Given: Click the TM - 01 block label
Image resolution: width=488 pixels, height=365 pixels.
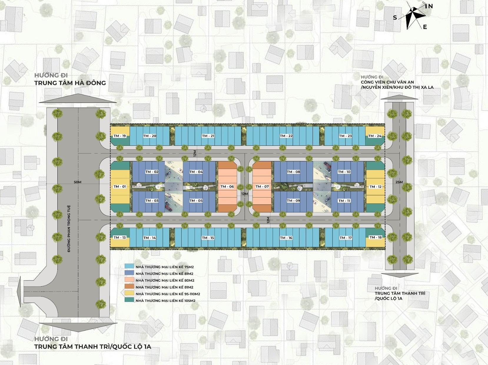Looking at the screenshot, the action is [120, 187].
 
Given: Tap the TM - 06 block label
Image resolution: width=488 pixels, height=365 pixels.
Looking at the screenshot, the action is [227, 187].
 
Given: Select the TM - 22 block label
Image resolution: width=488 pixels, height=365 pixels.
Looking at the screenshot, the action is [286, 136].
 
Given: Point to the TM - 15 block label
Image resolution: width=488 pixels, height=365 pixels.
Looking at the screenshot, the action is [208, 238].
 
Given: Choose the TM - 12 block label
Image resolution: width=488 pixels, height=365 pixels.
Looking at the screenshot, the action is [375, 187].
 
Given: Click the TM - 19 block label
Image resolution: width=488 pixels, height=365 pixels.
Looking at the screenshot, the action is [119, 136].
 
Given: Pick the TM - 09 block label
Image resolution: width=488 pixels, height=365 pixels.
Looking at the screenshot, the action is [293, 201].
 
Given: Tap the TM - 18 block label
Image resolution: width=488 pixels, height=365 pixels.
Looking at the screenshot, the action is [375, 237].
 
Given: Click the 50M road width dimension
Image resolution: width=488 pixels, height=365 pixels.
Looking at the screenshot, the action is [78, 182].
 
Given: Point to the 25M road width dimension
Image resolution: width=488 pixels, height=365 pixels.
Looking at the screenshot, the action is [399, 182].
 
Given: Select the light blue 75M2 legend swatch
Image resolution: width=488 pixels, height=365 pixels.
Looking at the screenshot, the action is [130, 266].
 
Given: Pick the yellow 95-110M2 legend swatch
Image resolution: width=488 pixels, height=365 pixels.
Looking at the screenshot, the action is [130, 293].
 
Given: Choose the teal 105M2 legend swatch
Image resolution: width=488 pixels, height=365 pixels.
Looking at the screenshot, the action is [130, 300].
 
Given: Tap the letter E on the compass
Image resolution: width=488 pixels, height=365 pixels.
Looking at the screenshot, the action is [425, 27].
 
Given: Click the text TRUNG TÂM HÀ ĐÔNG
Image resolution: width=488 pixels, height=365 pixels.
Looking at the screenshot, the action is [70, 83].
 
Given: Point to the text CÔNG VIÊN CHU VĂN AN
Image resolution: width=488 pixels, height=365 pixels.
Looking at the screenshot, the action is [387, 82].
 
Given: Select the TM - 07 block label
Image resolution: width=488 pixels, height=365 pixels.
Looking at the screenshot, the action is [262, 187].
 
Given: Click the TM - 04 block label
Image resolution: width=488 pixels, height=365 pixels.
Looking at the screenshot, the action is [196, 172].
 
